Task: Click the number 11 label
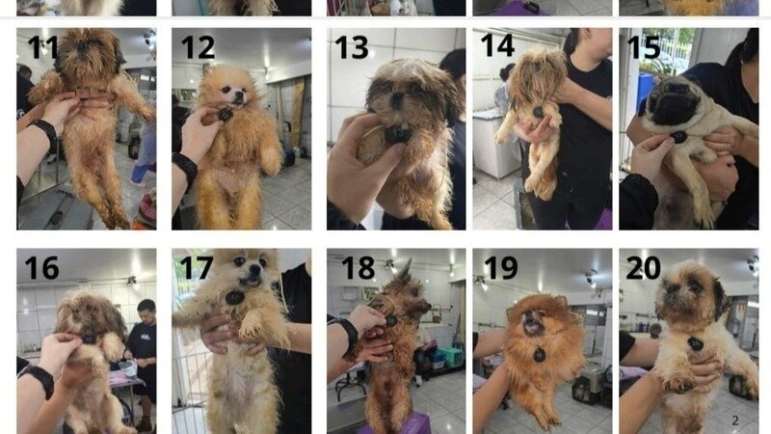[42, 46]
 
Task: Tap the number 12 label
[198, 46]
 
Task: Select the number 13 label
[351, 46]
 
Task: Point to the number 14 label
[497, 46]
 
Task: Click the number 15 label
[644, 46]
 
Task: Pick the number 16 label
[41, 267]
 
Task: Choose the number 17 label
[197, 267]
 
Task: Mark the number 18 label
[358, 267]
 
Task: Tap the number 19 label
[499, 267]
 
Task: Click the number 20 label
[644, 267]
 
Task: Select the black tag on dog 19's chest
[539, 354]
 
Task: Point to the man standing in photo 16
[142, 347]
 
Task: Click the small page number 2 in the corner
[734, 420]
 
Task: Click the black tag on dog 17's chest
[234, 297]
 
